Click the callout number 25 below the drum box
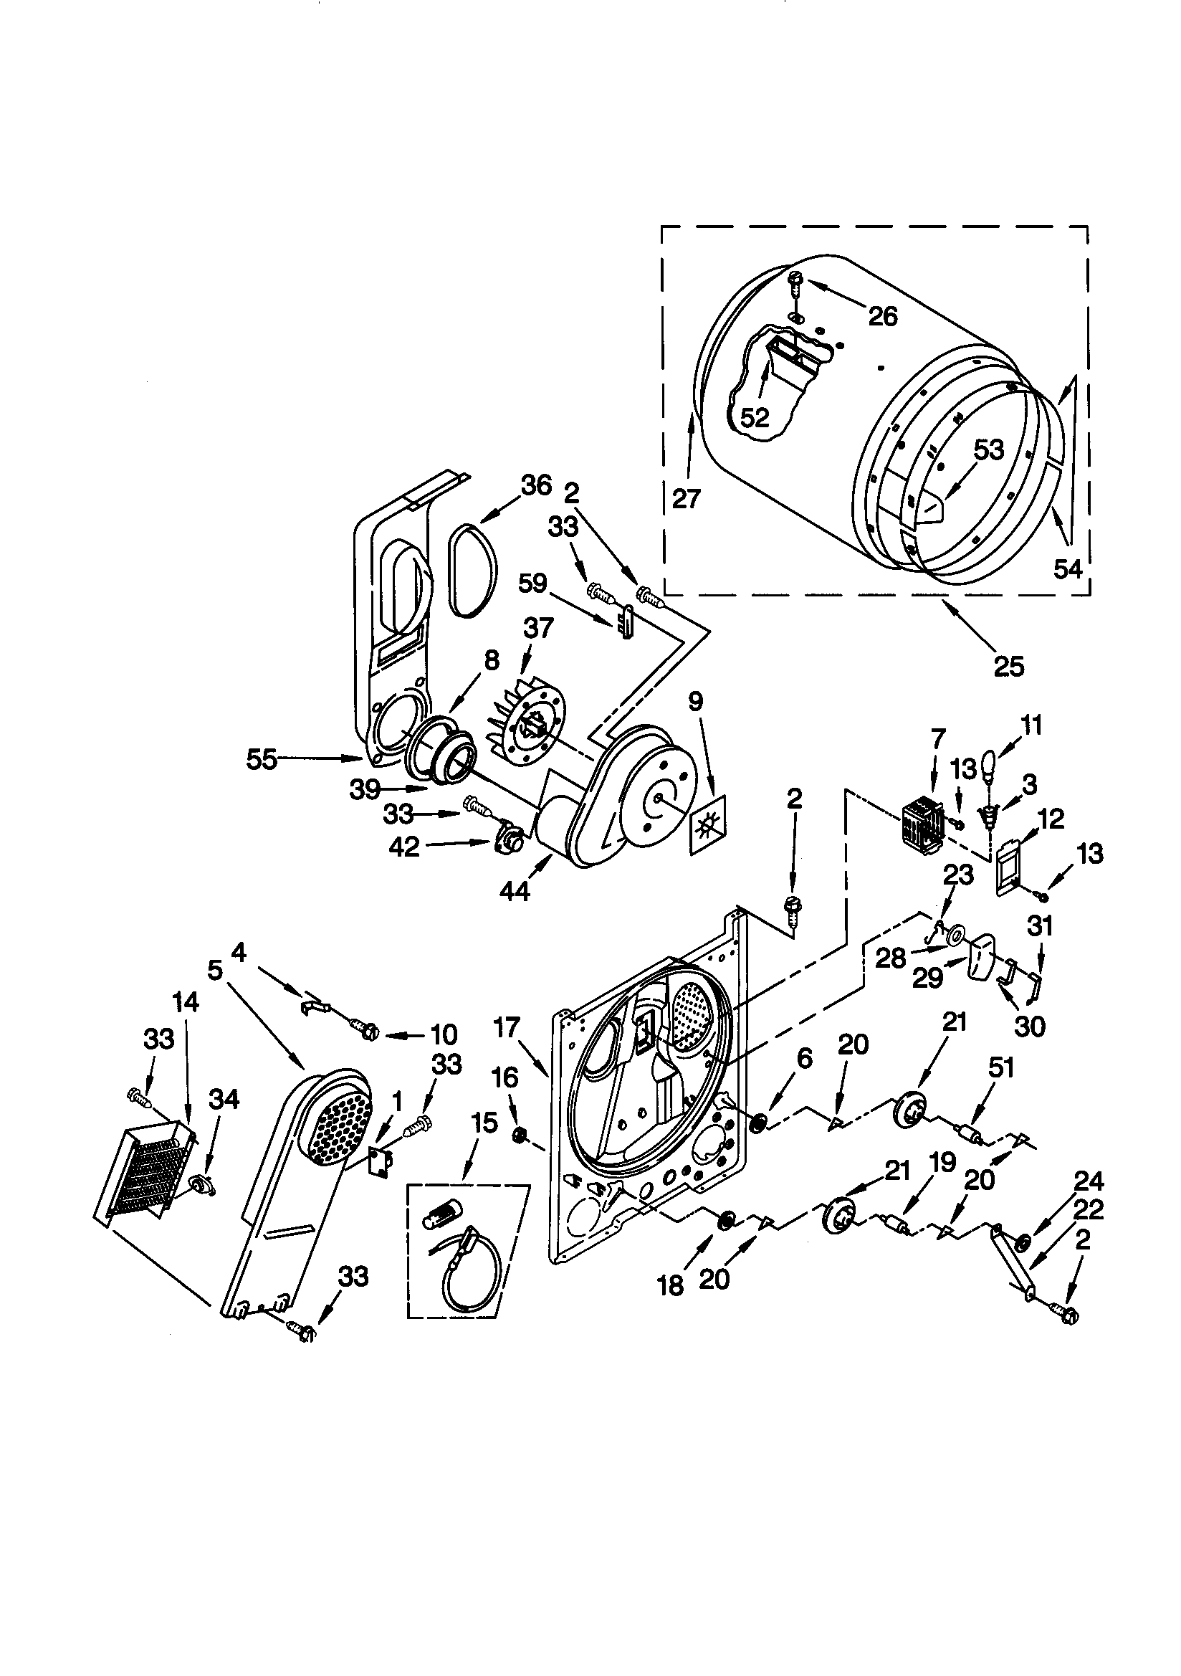pos(1008,667)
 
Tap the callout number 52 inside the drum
pos(754,417)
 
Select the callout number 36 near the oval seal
pos(536,485)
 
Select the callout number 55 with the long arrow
pos(262,760)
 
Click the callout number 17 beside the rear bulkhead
pos(506,1029)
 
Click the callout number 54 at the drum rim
pos(1067,568)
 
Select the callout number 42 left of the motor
pos(404,847)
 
